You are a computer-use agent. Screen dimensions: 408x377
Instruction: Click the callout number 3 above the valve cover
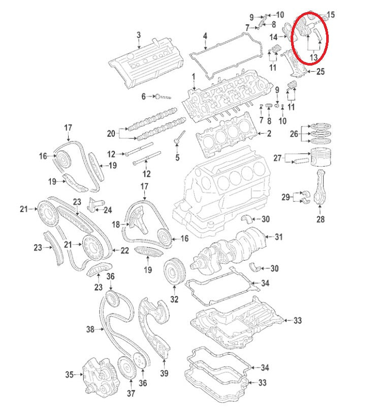138,35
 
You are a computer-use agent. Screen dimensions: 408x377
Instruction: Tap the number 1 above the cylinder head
193,77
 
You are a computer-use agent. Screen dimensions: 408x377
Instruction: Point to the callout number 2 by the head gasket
269,134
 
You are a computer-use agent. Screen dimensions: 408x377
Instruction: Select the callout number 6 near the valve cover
143,96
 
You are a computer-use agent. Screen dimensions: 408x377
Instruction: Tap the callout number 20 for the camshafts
111,134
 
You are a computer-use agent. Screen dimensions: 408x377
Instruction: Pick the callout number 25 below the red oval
320,72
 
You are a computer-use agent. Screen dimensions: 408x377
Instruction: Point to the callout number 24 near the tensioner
107,209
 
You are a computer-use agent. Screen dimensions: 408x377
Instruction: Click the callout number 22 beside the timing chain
124,250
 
